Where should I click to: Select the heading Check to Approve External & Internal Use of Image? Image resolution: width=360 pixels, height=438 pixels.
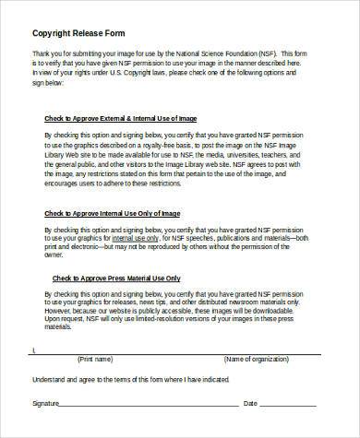click(120, 118)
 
